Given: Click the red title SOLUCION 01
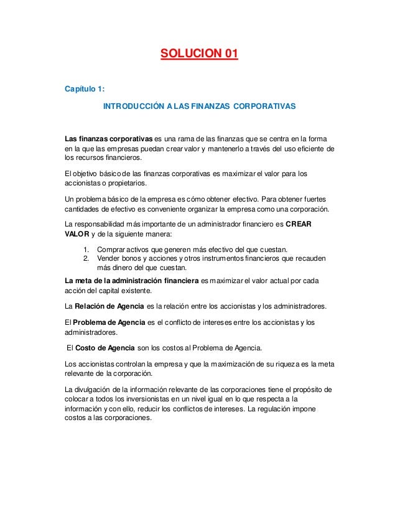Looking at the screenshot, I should click(198, 60).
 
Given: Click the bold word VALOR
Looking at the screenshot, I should click(77, 235).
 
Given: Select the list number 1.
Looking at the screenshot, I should click(86, 250).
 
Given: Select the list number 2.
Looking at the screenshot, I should click(86, 259).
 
